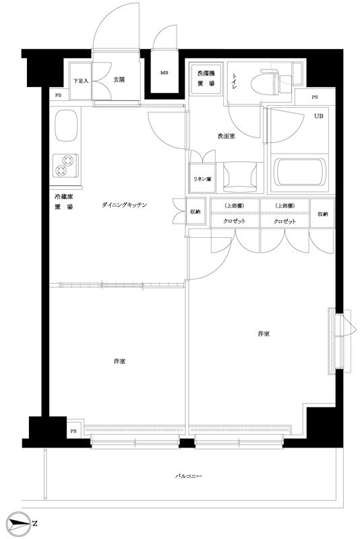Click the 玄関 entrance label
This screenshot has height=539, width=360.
tap(119, 80)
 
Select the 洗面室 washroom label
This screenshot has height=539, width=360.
tap(226, 136)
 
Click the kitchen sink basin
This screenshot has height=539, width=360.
tap(65, 126)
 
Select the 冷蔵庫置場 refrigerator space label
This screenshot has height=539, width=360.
tap(64, 201)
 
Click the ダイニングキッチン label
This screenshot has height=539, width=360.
tap(124, 203)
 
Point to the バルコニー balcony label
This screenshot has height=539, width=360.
tap(189, 476)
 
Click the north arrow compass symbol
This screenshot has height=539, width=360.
tap(22, 524)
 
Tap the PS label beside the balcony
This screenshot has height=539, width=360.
tap(73, 431)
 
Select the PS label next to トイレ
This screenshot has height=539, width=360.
tap(314, 98)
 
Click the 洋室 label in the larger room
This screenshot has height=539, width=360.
tap(264, 334)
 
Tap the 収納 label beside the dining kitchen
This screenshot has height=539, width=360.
tap(194, 211)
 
